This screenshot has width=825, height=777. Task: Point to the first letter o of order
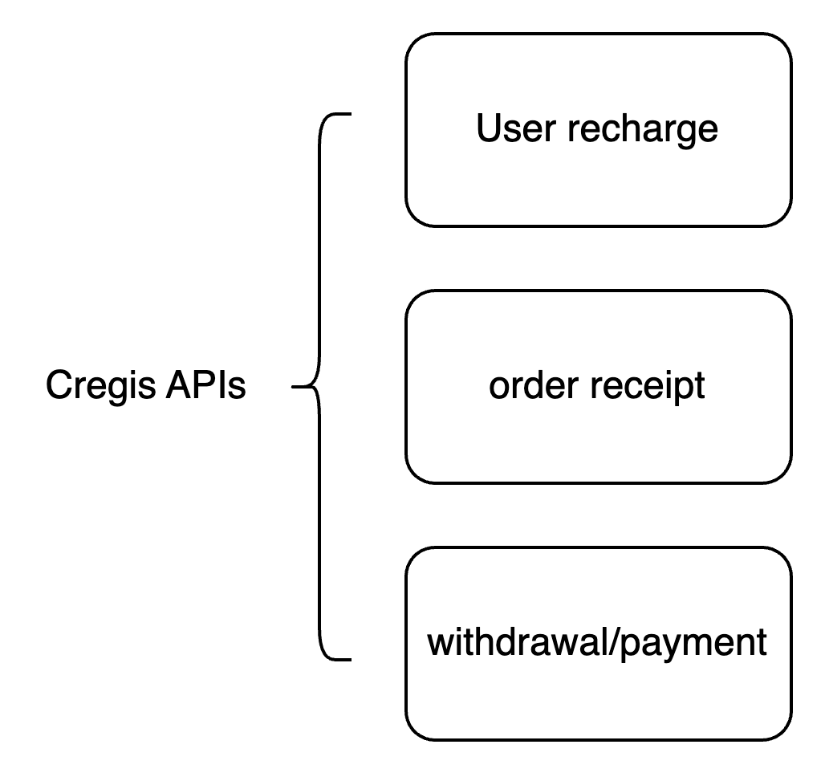[x=498, y=388]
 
